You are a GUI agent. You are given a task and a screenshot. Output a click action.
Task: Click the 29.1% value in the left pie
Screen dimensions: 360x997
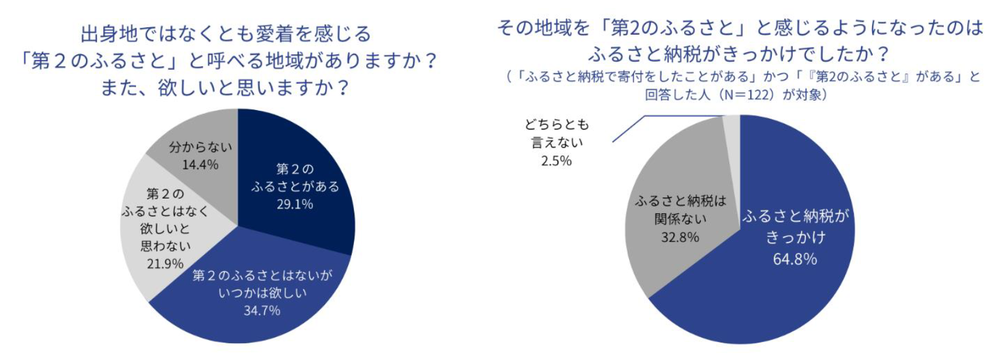coord(294,204)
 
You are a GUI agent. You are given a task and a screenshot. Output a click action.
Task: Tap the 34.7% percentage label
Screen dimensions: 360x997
coord(262,311)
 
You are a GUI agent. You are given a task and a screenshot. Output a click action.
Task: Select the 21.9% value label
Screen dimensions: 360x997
coord(165,264)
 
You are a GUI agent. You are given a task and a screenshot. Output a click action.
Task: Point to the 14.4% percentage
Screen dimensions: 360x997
coord(200,165)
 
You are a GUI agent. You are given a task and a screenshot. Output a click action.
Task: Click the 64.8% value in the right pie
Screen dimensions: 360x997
coord(795,259)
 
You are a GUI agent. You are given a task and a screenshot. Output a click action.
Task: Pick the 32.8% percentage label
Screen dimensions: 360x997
coord(680,237)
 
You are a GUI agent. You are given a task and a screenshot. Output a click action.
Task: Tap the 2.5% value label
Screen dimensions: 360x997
coord(556,161)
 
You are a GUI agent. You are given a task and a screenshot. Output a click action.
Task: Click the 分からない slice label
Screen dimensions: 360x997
coord(200,147)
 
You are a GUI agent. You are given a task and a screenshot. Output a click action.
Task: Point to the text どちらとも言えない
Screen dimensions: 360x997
coord(557,133)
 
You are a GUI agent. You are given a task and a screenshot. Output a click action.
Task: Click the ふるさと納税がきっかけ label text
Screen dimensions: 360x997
coord(795,226)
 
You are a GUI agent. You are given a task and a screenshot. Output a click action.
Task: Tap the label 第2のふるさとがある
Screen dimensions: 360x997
coord(295,178)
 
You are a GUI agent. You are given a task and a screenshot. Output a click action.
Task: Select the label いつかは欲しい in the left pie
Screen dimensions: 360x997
coord(262,293)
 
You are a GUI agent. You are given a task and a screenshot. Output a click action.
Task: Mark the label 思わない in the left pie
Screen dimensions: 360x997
coord(165,246)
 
